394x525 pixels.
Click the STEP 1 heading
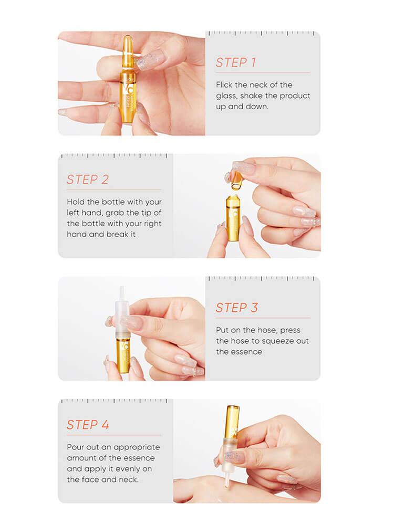click(236, 62)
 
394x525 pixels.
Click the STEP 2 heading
click(87, 180)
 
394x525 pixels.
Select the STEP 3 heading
click(236, 308)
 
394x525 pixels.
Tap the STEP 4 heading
click(88, 425)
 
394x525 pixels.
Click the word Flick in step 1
click(224, 85)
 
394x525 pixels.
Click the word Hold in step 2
click(76, 202)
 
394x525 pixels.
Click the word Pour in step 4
click(76, 447)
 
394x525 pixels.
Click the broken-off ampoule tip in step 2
click(236, 180)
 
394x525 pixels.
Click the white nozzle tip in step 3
click(122, 292)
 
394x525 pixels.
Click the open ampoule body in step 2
click(233, 218)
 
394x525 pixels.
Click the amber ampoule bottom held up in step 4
click(232, 420)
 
